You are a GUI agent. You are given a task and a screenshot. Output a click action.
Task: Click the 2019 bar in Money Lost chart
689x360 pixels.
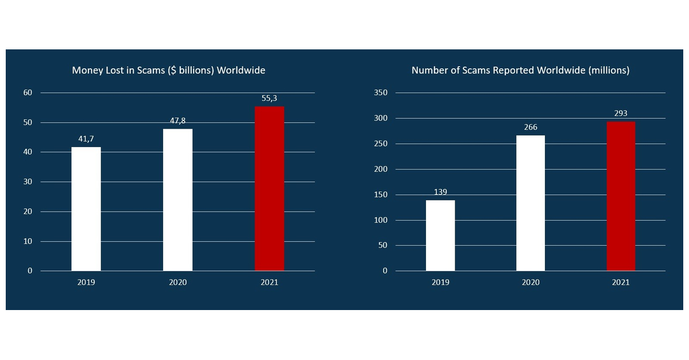click(x=86, y=209)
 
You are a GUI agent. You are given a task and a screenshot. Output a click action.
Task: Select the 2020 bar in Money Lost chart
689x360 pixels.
click(x=178, y=200)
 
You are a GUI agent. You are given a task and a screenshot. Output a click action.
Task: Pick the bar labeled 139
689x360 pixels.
click(x=440, y=235)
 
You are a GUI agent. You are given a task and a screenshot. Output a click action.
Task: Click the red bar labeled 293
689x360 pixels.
click(x=621, y=196)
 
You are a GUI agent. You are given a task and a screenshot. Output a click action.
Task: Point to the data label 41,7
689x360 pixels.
click(x=86, y=138)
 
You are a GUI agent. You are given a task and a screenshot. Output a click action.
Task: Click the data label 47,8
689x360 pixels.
click(x=178, y=121)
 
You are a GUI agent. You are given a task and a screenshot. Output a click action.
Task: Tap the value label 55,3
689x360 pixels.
click(x=269, y=98)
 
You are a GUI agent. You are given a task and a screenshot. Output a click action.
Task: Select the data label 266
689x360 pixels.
click(x=531, y=127)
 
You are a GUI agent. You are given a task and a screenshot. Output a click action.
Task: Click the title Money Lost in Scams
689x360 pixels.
click(x=168, y=71)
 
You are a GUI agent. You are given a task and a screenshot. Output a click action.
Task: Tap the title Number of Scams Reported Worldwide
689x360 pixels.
click(x=520, y=71)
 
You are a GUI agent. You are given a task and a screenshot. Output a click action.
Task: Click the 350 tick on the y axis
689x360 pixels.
click(x=381, y=93)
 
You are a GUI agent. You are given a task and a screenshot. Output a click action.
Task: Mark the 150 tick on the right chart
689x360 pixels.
click(x=381, y=195)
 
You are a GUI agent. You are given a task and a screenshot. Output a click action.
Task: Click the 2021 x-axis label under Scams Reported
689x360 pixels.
click(x=621, y=282)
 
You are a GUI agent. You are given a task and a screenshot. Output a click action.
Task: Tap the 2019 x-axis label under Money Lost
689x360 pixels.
click(x=86, y=282)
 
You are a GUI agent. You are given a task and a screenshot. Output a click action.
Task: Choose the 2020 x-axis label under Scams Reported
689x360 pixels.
click(x=531, y=282)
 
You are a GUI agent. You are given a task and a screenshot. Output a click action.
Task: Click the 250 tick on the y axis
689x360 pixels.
click(x=381, y=144)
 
